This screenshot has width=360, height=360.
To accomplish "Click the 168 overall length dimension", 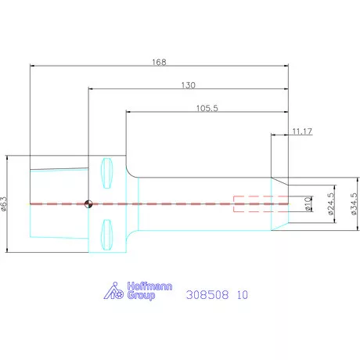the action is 159,62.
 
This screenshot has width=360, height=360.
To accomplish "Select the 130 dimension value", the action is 189,85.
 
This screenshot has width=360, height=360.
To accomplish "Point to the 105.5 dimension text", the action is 207,108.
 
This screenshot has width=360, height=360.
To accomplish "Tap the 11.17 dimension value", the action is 302,131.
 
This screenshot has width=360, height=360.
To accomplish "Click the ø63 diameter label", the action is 3,203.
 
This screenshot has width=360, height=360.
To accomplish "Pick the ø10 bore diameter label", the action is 308,203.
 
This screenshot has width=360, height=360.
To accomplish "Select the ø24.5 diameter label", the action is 330,203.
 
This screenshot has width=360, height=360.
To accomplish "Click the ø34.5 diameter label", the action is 354,203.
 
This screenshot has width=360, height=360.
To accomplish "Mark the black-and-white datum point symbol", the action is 88,203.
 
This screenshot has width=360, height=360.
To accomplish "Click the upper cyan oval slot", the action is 106,173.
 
